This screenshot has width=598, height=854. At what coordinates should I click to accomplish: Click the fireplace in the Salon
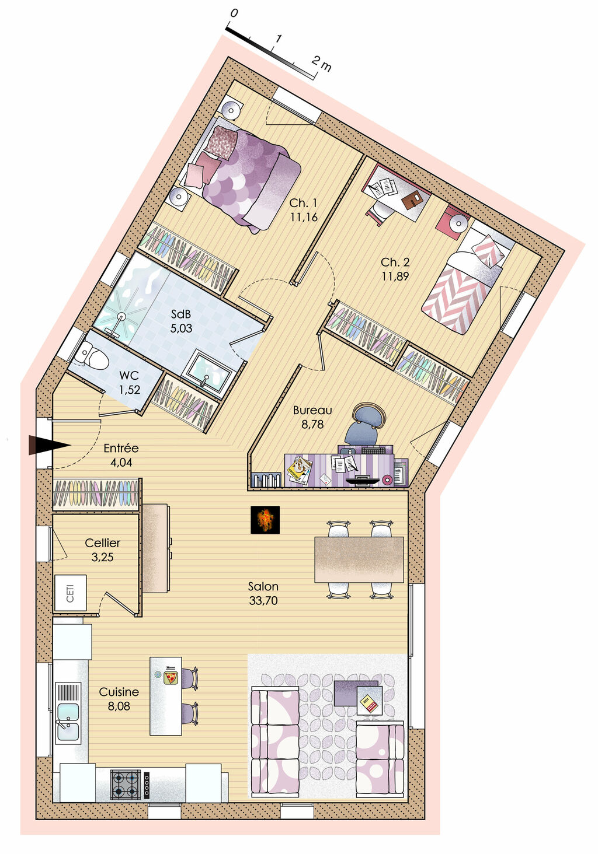click(265, 520)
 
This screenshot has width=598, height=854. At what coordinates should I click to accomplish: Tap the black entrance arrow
click(49, 445)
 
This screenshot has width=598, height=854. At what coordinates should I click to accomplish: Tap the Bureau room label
click(312, 410)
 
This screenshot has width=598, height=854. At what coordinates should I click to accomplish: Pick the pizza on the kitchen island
click(170, 677)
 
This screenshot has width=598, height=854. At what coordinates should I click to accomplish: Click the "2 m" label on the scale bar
click(321, 63)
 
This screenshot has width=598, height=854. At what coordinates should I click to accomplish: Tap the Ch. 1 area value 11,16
click(304, 217)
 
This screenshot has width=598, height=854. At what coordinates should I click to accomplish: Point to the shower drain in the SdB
click(121, 316)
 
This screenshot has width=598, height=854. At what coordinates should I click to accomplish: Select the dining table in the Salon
click(359, 559)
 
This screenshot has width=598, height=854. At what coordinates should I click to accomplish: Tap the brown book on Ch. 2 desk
click(412, 199)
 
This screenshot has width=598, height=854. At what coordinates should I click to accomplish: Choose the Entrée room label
click(121, 448)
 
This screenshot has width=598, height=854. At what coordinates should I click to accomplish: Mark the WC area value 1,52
click(130, 390)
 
